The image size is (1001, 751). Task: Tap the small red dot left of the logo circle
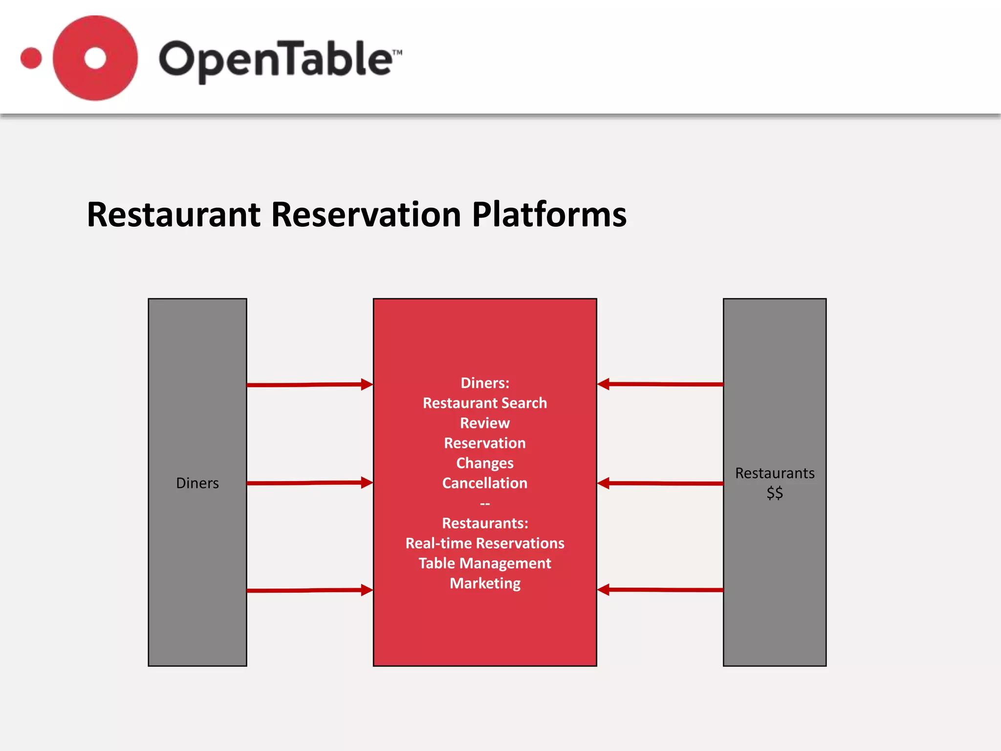(x=31, y=58)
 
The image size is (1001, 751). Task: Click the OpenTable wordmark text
(x=279, y=60)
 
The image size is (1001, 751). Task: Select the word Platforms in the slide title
(x=549, y=215)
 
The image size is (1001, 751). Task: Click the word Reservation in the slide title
(x=366, y=215)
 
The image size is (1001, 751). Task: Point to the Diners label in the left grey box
(x=197, y=483)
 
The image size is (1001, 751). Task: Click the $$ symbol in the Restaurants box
(x=775, y=493)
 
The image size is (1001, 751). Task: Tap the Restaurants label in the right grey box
(x=775, y=473)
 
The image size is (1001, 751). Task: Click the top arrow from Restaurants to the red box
(x=660, y=384)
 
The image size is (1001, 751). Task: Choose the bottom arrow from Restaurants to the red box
(x=660, y=590)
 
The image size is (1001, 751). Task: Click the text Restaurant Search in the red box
(x=485, y=403)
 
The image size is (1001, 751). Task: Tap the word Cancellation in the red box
(x=485, y=483)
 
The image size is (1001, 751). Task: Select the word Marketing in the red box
(x=485, y=583)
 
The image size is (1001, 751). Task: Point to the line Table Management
(x=485, y=563)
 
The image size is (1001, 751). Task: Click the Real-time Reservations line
(x=485, y=543)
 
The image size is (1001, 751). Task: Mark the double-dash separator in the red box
(x=485, y=504)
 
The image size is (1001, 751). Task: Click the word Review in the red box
(x=485, y=423)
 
